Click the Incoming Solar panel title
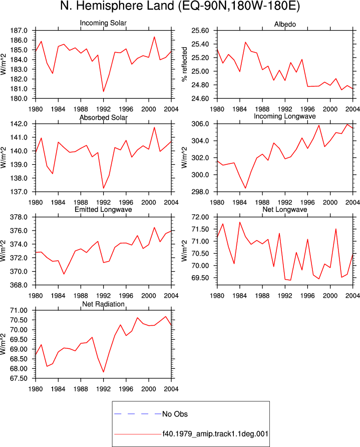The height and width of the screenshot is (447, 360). pyautogui.click(x=103, y=23)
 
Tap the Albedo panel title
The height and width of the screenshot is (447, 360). pyautogui.click(x=285, y=24)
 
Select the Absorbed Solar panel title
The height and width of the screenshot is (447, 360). pyautogui.click(x=103, y=117)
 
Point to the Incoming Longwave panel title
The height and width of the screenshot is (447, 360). pyautogui.click(x=285, y=116)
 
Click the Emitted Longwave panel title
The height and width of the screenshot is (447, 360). pyautogui.click(x=103, y=209)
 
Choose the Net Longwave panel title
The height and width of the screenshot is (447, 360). pyautogui.click(x=285, y=209)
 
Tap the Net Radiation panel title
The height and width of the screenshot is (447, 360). pyautogui.click(x=103, y=304)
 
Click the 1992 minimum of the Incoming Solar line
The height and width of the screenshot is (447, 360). pyautogui.click(x=103, y=92)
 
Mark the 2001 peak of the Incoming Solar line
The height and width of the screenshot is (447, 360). pyautogui.click(x=154, y=37)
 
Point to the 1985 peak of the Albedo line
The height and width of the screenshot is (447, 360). pyautogui.click(x=245, y=42)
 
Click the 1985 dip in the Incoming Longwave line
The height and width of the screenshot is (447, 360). pyautogui.click(x=245, y=188)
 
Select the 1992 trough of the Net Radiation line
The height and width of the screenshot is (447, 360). pyautogui.click(x=103, y=372)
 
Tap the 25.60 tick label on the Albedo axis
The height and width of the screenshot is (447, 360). pyautogui.click(x=200, y=31)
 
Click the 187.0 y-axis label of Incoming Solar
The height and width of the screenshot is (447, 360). pyautogui.click(x=19, y=31)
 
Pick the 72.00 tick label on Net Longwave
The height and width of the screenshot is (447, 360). pyautogui.click(x=200, y=217)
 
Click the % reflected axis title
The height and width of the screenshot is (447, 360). pyautogui.click(x=185, y=65)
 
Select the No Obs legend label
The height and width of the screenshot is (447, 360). pyautogui.click(x=175, y=414)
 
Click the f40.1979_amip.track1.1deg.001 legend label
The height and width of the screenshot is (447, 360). pyautogui.click(x=215, y=434)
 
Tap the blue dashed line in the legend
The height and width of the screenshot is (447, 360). pyautogui.click(x=138, y=413)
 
